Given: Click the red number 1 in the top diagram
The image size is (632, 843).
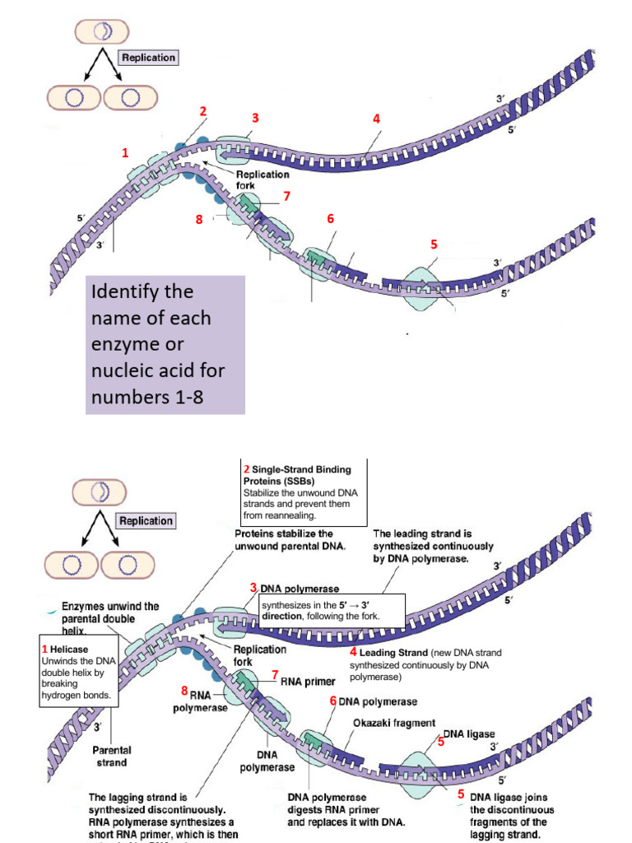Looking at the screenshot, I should (x=125, y=153).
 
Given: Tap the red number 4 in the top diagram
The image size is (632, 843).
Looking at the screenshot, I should (x=376, y=119).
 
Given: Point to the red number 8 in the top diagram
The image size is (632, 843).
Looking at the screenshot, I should (x=199, y=219).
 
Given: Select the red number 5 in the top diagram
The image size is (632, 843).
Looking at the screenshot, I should (x=434, y=245).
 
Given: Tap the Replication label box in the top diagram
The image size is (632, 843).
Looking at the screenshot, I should (x=148, y=58).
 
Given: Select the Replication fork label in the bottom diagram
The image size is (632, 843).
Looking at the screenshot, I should (x=260, y=655).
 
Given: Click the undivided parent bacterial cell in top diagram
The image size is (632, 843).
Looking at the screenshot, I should (x=102, y=31).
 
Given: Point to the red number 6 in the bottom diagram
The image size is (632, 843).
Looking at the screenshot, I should (x=333, y=701).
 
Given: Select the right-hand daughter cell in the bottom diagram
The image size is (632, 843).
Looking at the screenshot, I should (x=129, y=566).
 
